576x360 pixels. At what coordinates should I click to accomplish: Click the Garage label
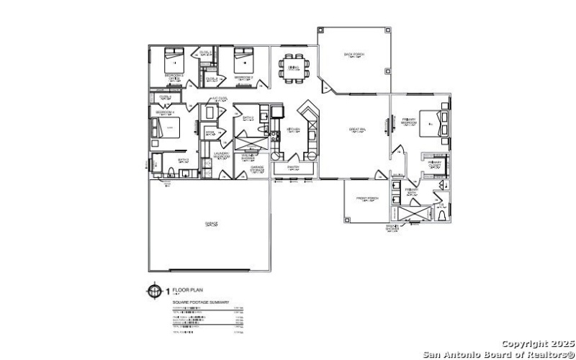(211, 222)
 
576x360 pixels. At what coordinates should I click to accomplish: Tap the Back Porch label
(352, 54)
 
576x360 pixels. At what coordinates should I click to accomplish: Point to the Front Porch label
(367, 198)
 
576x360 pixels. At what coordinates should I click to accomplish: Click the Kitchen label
(293, 130)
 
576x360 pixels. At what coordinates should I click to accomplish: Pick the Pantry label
(292, 166)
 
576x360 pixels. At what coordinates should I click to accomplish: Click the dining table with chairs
(293, 67)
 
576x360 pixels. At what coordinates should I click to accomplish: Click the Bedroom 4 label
(165, 113)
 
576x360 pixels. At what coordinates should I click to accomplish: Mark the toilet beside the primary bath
(441, 210)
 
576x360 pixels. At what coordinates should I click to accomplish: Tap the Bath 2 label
(248, 117)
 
